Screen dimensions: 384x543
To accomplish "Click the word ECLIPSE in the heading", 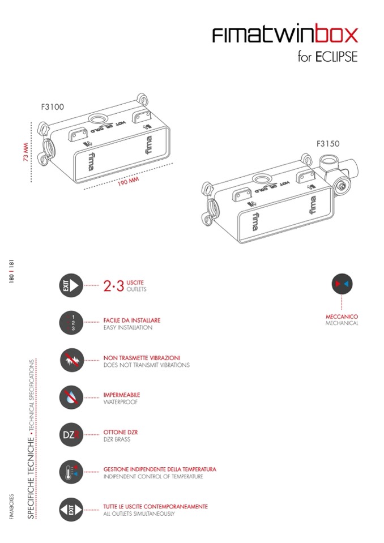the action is (x=336, y=57).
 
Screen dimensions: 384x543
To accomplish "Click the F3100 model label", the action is (x=52, y=106).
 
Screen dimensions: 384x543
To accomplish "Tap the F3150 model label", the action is (x=328, y=143).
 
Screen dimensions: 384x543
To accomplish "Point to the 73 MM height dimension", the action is (x=25, y=152).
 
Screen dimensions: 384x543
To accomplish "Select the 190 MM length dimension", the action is (x=128, y=181).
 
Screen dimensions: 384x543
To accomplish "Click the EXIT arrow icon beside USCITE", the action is (x=71, y=286).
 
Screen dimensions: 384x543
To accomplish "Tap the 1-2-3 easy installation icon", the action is (x=71, y=323).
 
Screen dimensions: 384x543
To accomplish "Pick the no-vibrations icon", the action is (x=71, y=360).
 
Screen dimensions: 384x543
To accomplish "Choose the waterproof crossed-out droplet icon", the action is (x=71, y=397).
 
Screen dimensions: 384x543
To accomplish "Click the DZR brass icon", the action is (x=71, y=435).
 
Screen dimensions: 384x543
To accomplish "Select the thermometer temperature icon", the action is (x=71, y=472).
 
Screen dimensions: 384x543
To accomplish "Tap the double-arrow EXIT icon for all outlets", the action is (x=71, y=510).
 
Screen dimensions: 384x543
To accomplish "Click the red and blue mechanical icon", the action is (x=342, y=284).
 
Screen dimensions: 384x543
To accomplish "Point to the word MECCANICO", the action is (x=342, y=317).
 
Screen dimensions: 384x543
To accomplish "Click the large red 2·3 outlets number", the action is (x=114, y=286).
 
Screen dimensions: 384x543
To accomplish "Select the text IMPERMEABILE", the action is (x=122, y=395).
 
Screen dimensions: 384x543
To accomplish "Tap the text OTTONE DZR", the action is (x=121, y=432).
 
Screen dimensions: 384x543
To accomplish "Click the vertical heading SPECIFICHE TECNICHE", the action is (x=31, y=478).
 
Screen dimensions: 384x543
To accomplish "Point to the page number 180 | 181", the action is (x=11, y=271).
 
